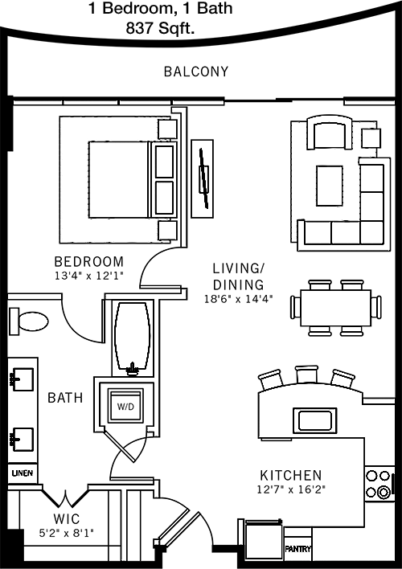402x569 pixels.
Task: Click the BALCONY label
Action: pyautogui.click(x=196, y=72)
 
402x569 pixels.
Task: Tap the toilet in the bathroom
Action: pyautogui.click(x=29, y=321)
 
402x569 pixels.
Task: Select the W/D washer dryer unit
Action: pyautogui.click(x=125, y=406)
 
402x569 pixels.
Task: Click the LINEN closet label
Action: pyautogui.click(x=23, y=473)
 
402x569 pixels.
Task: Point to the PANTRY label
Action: pyautogui.click(x=297, y=549)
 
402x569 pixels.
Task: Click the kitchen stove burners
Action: pyautogui.click(x=378, y=484)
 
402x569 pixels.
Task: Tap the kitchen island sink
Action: pyautogui.click(x=315, y=420)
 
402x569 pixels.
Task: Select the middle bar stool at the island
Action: pyautogui.click(x=306, y=375)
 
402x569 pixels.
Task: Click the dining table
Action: pyautogui.click(x=335, y=307)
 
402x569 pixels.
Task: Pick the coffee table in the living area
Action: pyautogui.click(x=330, y=186)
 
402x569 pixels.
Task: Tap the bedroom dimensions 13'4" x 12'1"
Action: pyautogui.click(x=89, y=276)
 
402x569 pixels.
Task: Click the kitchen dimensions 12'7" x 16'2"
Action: pyautogui.click(x=291, y=489)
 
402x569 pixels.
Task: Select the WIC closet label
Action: pyautogui.click(x=67, y=519)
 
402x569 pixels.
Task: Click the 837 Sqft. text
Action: pyautogui.click(x=160, y=28)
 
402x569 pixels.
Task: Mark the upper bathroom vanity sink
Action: pyautogui.click(x=23, y=379)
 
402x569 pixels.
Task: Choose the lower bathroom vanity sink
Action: pyautogui.click(x=23, y=440)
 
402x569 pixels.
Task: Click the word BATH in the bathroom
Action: pyautogui.click(x=65, y=398)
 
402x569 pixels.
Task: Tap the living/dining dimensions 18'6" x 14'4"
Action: pyautogui.click(x=238, y=300)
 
